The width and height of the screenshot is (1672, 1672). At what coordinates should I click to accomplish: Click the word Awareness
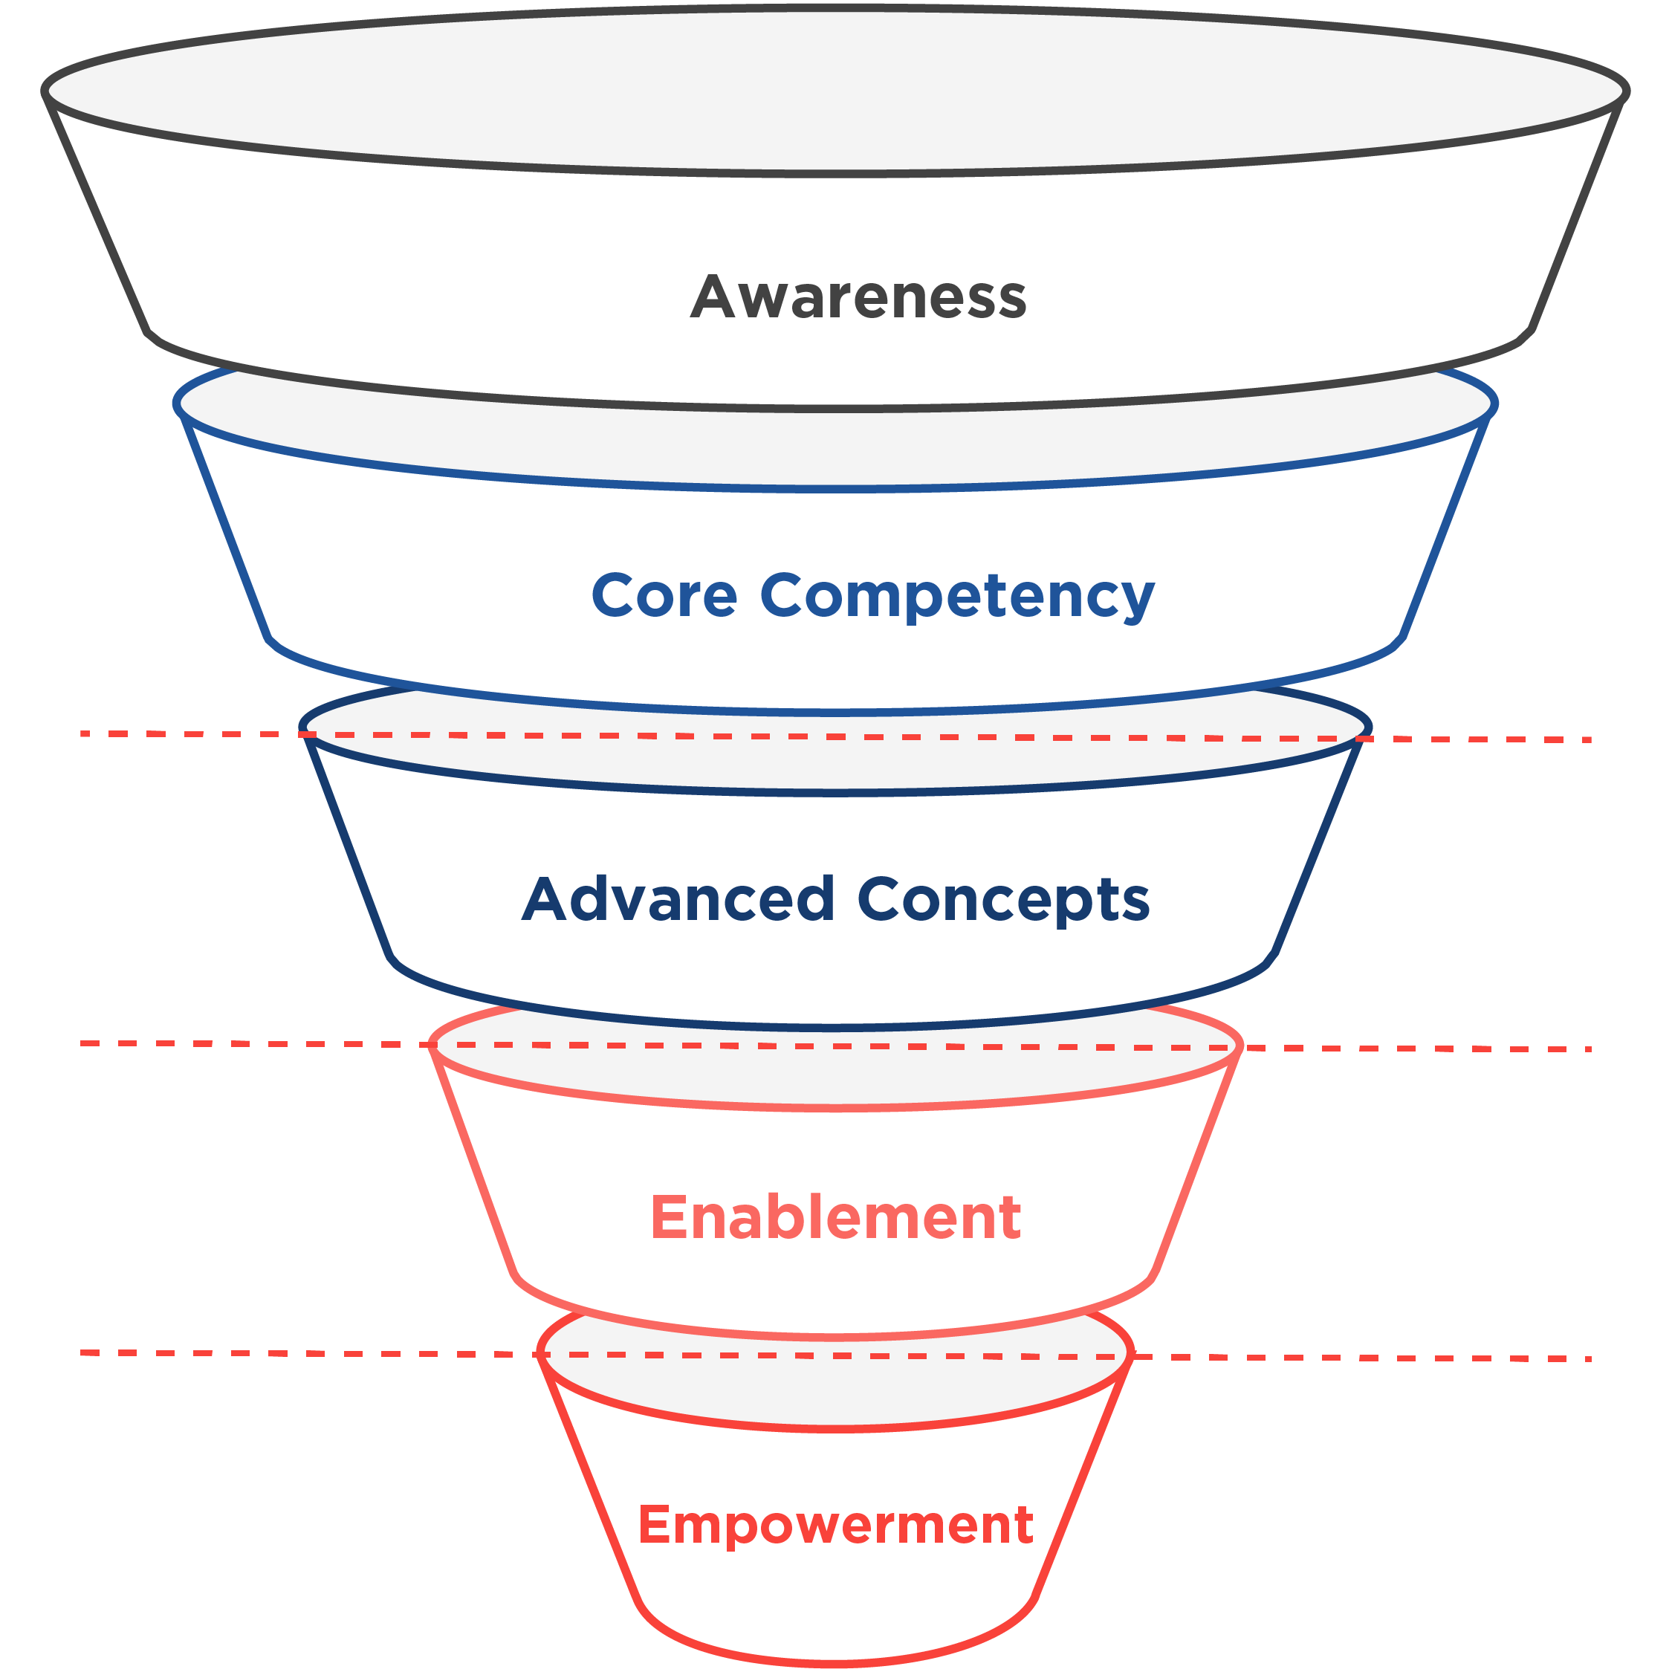858,297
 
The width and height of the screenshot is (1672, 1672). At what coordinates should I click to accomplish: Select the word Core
664,595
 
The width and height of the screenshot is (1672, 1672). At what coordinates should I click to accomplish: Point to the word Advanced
678,899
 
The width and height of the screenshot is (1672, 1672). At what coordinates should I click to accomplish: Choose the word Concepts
1003,901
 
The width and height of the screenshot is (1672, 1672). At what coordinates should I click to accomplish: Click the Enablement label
835,1218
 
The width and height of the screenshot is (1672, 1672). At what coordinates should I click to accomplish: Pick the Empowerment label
835,1524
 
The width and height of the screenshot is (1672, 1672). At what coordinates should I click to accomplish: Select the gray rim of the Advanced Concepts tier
835,762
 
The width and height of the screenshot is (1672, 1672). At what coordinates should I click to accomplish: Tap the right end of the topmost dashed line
1588,740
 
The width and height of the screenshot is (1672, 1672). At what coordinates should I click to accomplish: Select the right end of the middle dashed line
1588,1049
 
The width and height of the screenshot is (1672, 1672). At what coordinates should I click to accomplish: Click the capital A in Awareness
712,297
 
